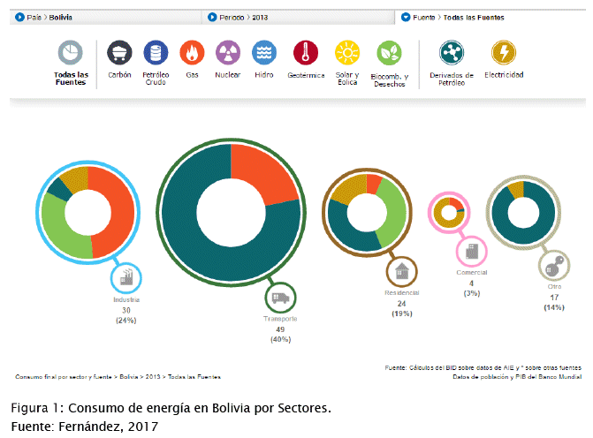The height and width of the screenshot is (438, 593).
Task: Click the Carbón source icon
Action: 118,54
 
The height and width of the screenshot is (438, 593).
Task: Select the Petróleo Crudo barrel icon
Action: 156,54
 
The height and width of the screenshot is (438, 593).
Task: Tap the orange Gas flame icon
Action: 192,54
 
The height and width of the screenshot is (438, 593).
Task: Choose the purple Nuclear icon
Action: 228,54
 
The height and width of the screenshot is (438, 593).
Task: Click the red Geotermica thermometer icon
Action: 306,54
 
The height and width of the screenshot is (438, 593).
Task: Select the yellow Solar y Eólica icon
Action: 347,54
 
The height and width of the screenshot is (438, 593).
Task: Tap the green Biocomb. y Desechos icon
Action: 389,54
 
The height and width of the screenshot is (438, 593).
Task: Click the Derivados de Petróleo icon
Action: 457,54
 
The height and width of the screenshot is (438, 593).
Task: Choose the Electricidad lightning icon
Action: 504,54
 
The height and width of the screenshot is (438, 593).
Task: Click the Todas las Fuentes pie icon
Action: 71,54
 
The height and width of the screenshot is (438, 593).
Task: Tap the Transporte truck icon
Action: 281,298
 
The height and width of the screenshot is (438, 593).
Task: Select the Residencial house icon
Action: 402,271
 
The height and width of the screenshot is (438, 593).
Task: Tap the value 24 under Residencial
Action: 402,303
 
